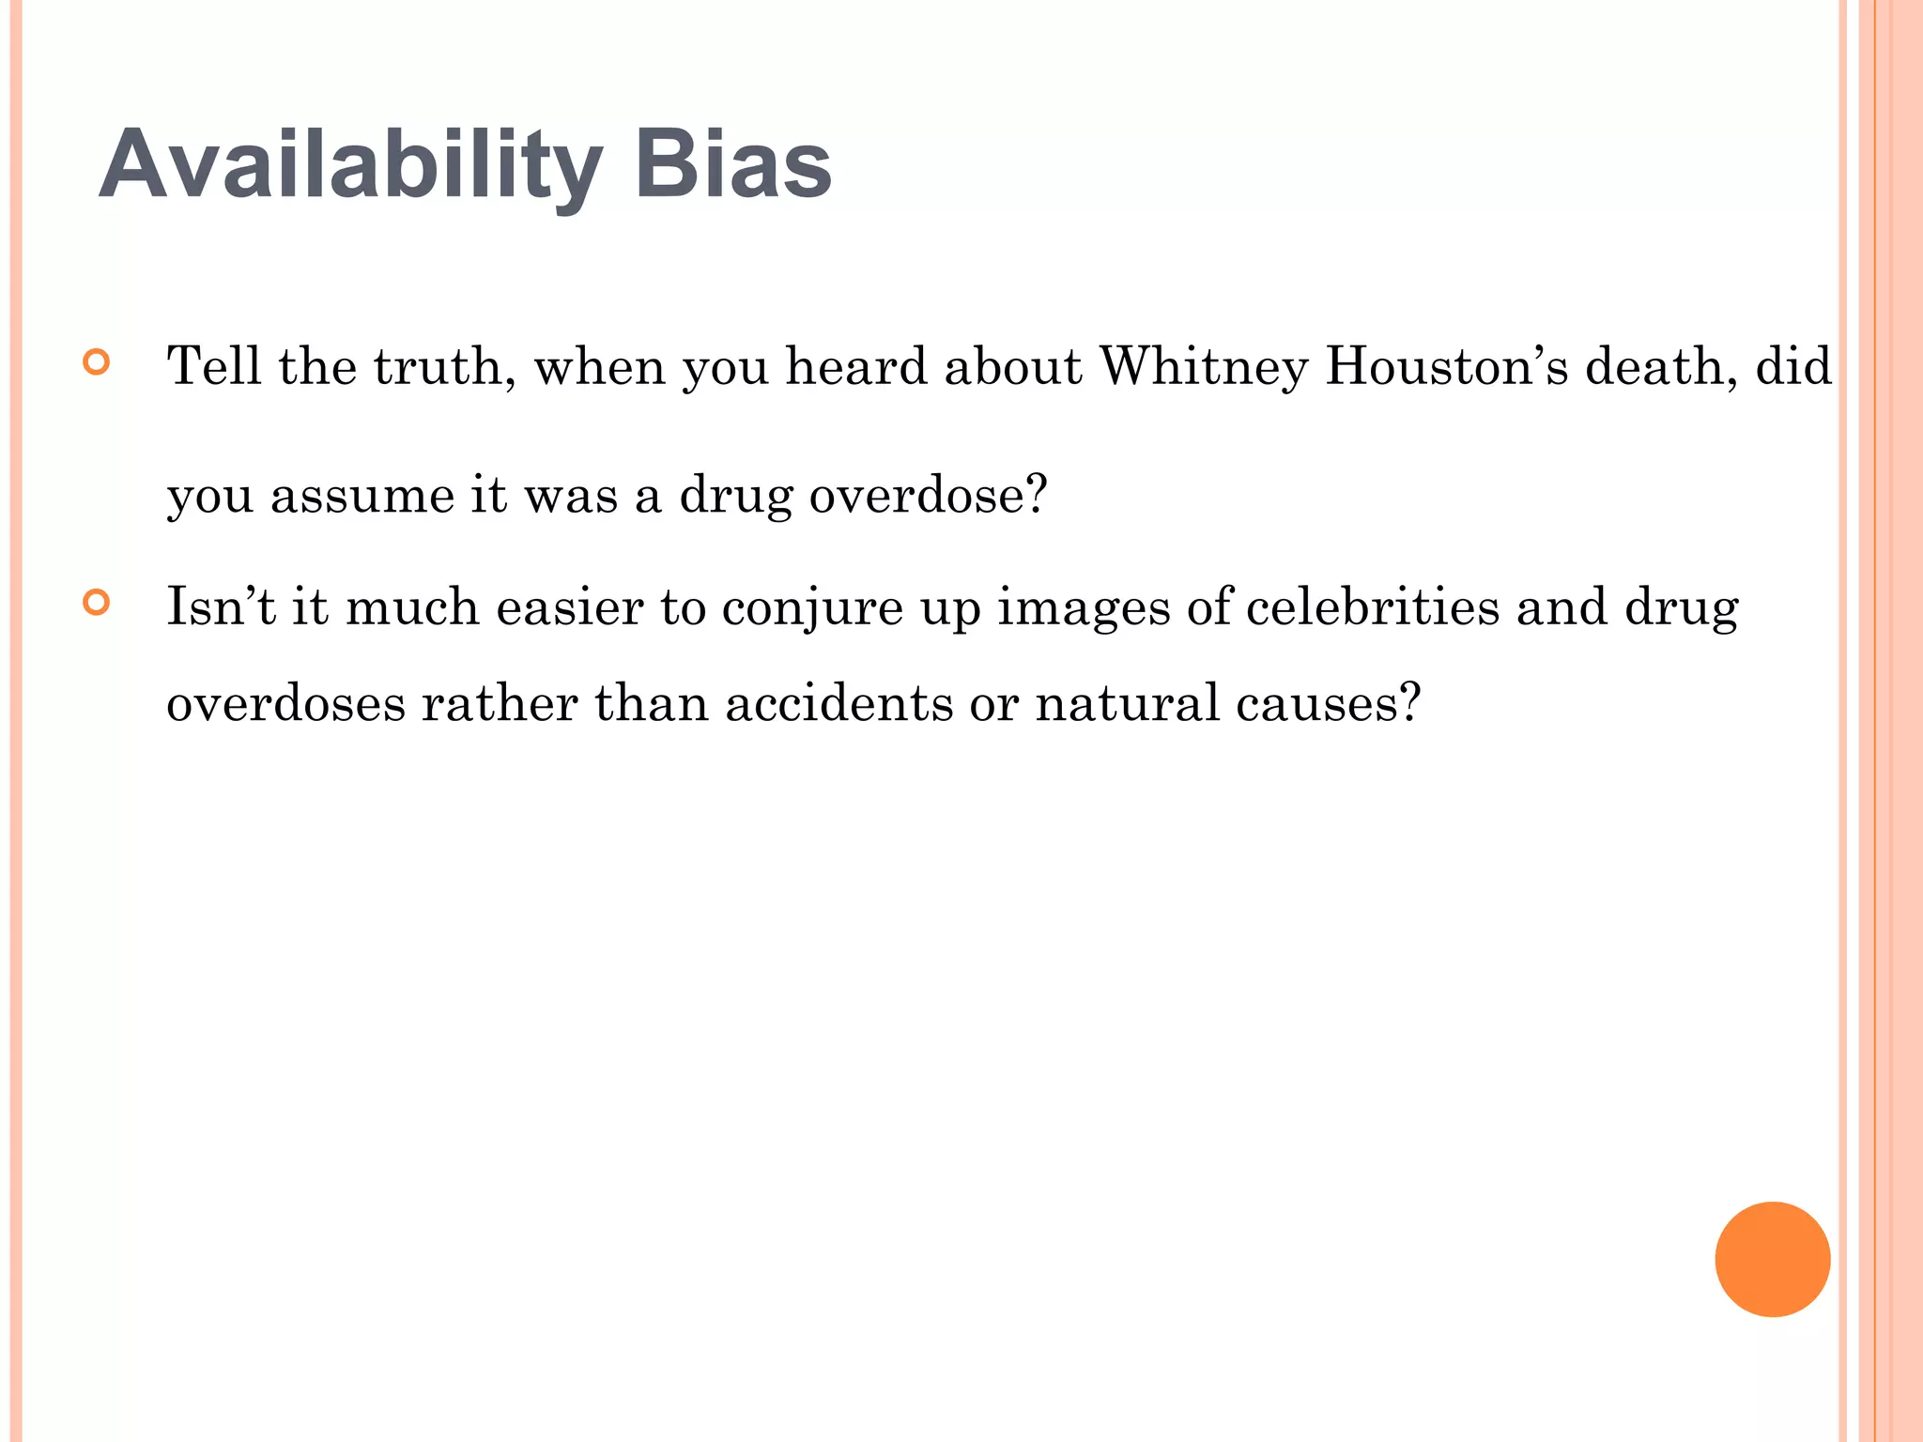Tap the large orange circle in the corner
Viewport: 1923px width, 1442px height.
point(1772,1259)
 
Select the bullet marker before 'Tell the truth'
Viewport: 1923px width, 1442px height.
point(96,363)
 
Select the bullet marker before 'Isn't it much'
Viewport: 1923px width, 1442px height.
point(96,602)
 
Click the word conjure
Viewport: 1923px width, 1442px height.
point(811,608)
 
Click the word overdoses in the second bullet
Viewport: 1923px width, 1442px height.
point(285,703)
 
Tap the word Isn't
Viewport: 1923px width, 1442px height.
point(221,607)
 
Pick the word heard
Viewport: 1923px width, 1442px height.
point(856,366)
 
